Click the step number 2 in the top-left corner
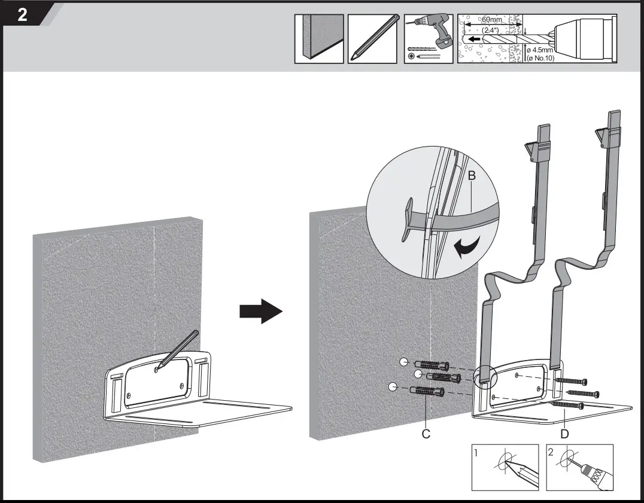pyautogui.click(x=22, y=14)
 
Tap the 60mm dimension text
pyautogui.click(x=492, y=20)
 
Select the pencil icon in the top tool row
pyautogui.click(x=372, y=38)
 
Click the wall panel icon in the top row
pyautogui.click(x=318, y=38)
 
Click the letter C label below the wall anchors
pyautogui.click(x=426, y=434)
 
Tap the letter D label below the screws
pyautogui.click(x=564, y=434)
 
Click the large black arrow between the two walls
pyautogui.click(x=260, y=312)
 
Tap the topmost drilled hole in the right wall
pyautogui.click(x=404, y=362)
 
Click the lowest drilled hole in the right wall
pyautogui.click(x=393, y=386)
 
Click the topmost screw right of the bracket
pyautogui.click(x=572, y=381)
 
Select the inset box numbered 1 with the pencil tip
pyautogui.click(x=505, y=467)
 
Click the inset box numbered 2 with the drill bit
pyautogui.click(x=579, y=467)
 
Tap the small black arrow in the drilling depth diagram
pyautogui.click(x=475, y=39)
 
